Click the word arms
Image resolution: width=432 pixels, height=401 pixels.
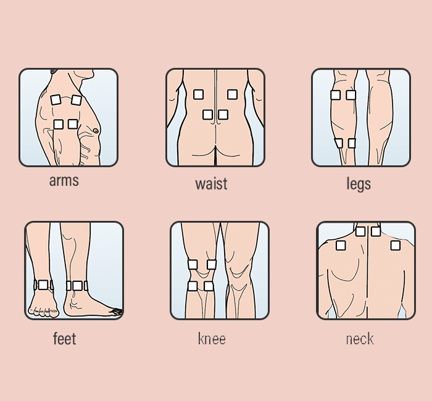64,181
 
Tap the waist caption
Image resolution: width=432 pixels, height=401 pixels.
211,184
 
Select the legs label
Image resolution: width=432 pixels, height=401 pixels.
359,184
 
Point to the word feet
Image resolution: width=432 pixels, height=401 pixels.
65,339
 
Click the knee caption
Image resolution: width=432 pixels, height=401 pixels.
212,339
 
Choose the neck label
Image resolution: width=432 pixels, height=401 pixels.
360,339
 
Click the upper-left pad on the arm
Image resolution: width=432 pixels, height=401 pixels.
56,99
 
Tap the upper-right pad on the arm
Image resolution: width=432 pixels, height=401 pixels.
76,99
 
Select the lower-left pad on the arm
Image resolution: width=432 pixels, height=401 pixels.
58,125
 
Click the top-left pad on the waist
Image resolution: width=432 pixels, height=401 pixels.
198,94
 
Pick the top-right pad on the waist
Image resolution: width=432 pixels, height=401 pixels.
232,94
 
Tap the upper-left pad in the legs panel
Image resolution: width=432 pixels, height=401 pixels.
335,95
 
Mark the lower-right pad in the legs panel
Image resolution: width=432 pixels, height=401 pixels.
352,143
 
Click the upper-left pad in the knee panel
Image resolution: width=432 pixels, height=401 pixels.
193,265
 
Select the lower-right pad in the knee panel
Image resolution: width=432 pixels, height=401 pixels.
209,286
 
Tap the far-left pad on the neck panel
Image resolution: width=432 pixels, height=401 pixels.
340,246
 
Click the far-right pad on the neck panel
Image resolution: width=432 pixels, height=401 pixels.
396,246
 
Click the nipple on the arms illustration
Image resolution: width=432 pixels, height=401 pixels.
96,130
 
